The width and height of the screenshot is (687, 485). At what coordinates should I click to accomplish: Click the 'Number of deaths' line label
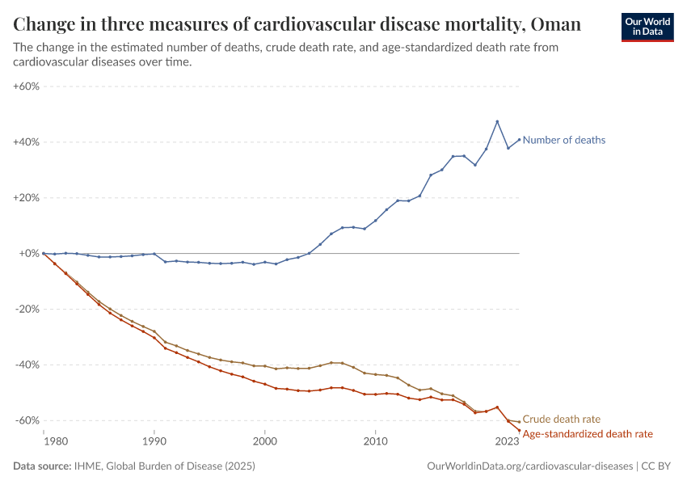[x=563, y=140]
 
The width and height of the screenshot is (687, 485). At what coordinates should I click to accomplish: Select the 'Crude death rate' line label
[x=561, y=419]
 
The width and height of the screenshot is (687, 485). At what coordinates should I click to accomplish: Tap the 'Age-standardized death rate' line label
[x=588, y=434]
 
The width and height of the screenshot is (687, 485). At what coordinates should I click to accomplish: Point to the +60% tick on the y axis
[x=27, y=86]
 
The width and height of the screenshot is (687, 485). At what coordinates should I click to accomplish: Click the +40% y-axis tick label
[x=27, y=142]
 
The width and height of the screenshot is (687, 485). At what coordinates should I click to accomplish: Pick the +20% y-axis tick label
[x=27, y=198]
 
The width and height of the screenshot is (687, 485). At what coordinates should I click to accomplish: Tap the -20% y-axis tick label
[x=28, y=310]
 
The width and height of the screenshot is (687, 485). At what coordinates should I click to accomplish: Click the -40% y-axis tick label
[x=28, y=365]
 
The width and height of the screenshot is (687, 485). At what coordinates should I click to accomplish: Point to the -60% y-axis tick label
[x=28, y=420]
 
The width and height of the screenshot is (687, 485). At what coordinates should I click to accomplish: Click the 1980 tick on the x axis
[x=54, y=442]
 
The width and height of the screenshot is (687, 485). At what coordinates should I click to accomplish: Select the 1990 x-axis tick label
[x=154, y=442]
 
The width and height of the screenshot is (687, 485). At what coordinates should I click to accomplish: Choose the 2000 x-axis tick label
[x=264, y=442]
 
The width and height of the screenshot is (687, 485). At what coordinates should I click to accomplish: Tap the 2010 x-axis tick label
[x=375, y=442]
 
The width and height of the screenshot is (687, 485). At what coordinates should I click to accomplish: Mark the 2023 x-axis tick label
[x=508, y=442]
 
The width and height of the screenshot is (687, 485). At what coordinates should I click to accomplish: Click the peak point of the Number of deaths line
[x=497, y=121]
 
